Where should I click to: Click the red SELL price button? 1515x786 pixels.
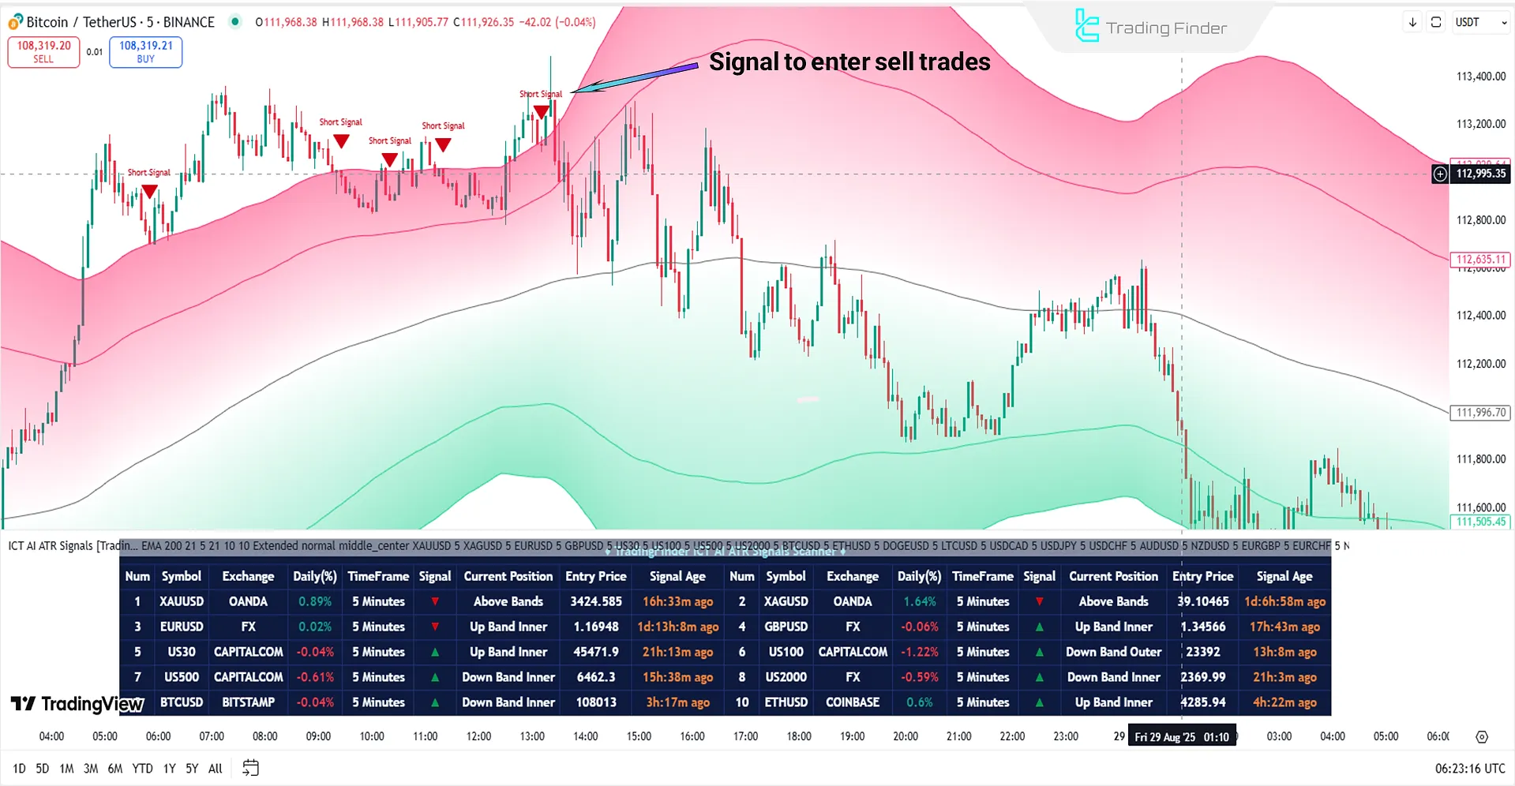point(43,52)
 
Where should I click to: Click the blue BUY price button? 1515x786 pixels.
point(145,52)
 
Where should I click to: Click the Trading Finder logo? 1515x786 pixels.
point(1150,28)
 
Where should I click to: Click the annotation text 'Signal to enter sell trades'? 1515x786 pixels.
point(849,62)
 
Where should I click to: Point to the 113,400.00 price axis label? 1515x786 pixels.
point(1480,77)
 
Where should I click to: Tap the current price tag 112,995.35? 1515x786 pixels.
point(1480,174)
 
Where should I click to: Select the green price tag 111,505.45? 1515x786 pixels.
point(1480,522)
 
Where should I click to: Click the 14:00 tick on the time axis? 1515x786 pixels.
point(585,736)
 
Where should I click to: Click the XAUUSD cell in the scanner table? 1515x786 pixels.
point(182,601)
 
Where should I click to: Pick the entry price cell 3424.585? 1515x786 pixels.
point(596,601)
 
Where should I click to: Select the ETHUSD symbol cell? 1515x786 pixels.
point(786,702)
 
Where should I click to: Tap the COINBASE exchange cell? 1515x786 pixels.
point(853,702)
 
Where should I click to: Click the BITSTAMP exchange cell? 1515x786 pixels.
point(248,702)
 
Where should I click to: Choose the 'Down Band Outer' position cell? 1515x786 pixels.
point(1113,652)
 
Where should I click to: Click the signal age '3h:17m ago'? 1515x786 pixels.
point(677,702)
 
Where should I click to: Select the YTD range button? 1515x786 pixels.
point(142,769)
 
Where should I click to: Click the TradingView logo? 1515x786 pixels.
point(77,704)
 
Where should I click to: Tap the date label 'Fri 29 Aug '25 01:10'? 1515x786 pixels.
point(1181,737)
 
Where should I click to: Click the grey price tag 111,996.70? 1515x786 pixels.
point(1480,412)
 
